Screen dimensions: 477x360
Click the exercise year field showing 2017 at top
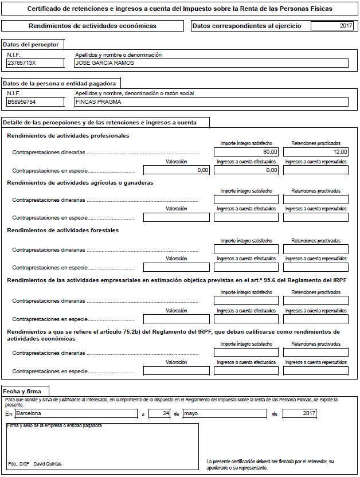pyautogui.click(x=332, y=26)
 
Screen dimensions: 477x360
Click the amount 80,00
pyautogui.click(x=246, y=152)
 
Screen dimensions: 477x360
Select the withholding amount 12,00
pyautogui.click(x=315, y=152)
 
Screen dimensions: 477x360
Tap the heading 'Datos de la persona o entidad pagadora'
pyautogui.click(x=59, y=83)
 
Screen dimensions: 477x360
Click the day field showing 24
pyautogui.click(x=159, y=413)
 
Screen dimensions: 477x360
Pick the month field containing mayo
pyautogui.click(x=224, y=413)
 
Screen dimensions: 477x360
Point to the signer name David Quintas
pyautogui.click(x=48, y=463)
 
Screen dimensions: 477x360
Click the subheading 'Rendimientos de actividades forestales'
pyautogui.click(x=62, y=230)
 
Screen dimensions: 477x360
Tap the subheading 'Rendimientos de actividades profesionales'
pyautogui.click(x=68, y=136)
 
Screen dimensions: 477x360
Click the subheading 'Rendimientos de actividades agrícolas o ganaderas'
pyautogui.click(x=80, y=183)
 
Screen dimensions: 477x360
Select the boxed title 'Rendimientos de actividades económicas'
pyautogui.click(x=92, y=26)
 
